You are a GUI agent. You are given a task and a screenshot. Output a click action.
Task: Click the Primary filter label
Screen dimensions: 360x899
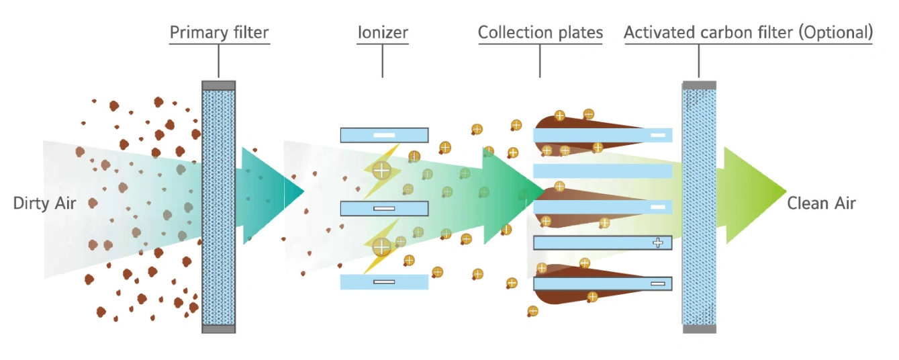click(219, 32)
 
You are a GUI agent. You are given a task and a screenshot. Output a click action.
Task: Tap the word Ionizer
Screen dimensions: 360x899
click(383, 32)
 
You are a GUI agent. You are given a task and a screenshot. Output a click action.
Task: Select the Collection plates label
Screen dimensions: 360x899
click(540, 32)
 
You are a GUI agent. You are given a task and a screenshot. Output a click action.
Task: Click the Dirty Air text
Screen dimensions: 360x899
click(45, 203)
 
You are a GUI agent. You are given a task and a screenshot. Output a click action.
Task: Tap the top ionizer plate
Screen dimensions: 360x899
click(384, 135)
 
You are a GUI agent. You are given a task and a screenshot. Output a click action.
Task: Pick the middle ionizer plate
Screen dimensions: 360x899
click(384, 209)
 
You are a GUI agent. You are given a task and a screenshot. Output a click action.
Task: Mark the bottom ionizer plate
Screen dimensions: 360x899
click(384, 282)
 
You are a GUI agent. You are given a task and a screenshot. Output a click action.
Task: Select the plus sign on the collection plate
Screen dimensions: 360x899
click(658, 242)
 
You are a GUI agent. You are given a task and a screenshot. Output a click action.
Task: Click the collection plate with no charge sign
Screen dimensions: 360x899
click(602, 171)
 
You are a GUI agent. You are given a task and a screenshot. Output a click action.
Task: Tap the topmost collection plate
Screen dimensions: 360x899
click(602, 135)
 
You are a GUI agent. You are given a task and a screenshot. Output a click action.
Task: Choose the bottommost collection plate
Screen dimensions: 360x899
click(602, 284)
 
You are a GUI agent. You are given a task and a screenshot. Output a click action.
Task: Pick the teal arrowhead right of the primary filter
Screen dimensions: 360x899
click(269, 191)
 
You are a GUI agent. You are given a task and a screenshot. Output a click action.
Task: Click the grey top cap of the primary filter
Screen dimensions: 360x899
click(219, 85)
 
